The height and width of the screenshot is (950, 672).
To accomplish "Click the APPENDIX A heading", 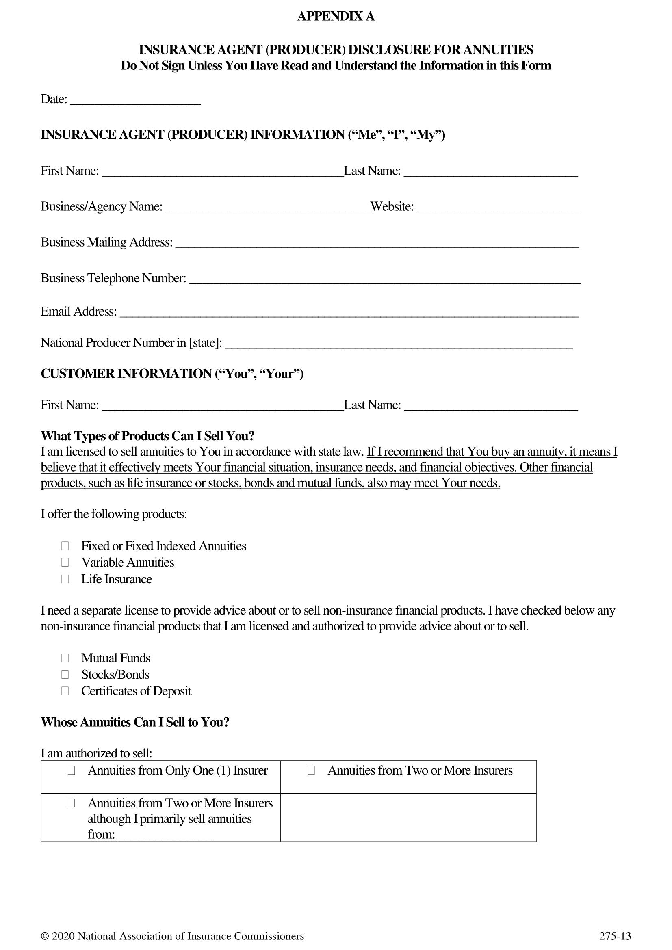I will click(336, 17).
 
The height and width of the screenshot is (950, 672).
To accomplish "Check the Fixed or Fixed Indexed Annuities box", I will click(65, 546).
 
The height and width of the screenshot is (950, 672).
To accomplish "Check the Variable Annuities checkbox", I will click(65, 563).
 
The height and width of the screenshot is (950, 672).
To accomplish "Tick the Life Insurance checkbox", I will click(65, 579).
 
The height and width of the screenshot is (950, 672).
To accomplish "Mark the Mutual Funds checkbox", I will click(65, 658).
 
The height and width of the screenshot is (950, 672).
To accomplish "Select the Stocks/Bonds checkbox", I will click(65, 675).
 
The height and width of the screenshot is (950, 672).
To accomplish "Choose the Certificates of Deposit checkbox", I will click(65, 691).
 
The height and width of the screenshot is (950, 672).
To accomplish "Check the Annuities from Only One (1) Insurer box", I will click(71, 771).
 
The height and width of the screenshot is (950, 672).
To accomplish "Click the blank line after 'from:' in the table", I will click(164, 835).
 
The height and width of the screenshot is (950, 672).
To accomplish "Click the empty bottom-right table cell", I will click(408, 817).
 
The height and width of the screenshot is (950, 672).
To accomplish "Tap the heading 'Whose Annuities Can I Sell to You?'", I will click(135, 723).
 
